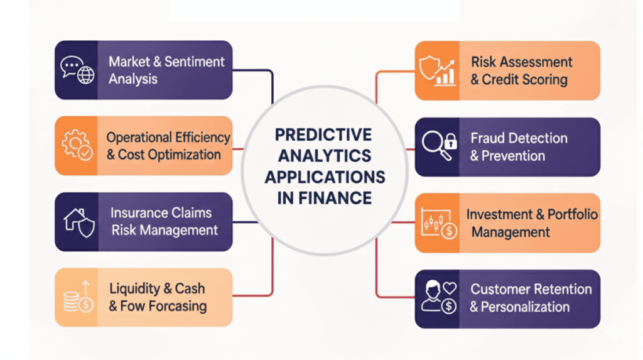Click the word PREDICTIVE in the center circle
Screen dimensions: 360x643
(x=324, y=134)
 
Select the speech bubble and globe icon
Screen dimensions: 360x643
(x=77, y=70)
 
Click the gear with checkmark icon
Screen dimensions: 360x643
(x=77, y=145)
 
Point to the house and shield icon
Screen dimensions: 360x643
(x=78, y=222)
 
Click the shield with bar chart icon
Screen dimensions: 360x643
(x=437, y=70)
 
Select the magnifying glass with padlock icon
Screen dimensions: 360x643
(x=437, y=146)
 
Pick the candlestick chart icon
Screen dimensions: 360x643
(x=437, y=223)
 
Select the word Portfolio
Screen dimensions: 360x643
(x=572, y=214)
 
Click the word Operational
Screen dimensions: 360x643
(x=138, y=137)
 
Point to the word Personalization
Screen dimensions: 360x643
(x=526, y=307)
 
